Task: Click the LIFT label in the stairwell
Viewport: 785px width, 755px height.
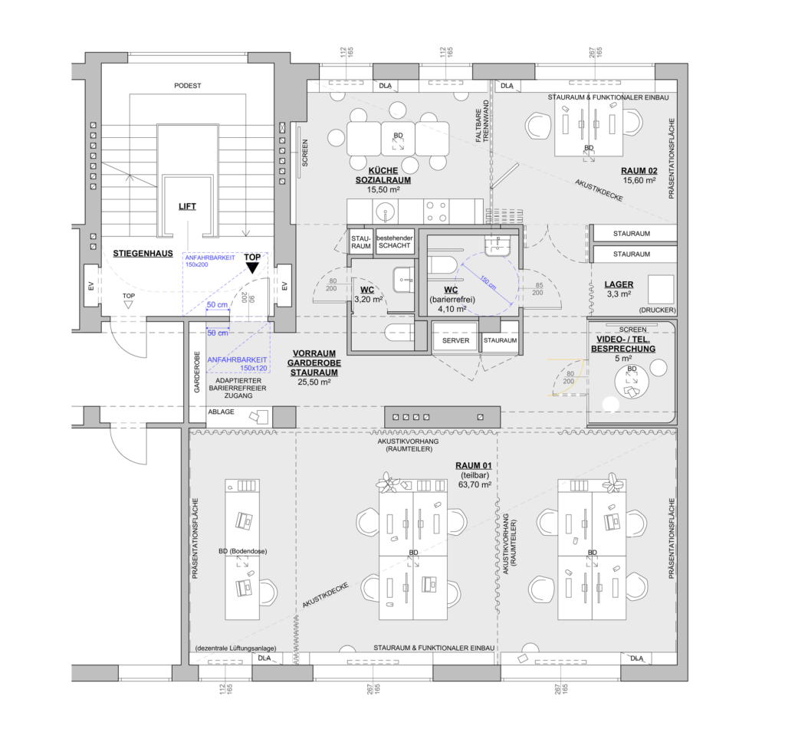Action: pyautogui.click(x=187, y=206)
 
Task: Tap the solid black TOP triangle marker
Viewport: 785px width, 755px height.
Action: pyautogui.click(x=252, y=268)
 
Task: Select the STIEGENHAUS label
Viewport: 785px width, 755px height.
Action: pyautogui.click(x=140, y=253)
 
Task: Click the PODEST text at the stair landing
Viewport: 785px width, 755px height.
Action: pyautogui.click(x=187, y=86)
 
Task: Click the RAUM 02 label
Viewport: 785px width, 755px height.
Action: pyautogui.click(x=639, y=170)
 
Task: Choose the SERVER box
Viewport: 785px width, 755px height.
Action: pyautogui.click(x=455, y=340)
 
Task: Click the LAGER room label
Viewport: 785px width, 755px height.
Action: pyautogui.click(x=618, y=284)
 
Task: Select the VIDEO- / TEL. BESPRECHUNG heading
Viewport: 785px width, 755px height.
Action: pyautogui.click(x=622, y=343)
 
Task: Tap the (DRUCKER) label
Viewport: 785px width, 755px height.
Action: pyautogui.click(x=657, y=310)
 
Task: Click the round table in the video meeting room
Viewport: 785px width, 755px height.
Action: pyautogui.click(x=632, y=381)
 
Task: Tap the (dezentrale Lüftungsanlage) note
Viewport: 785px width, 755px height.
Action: pyautogui.click(x=235, y=648)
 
